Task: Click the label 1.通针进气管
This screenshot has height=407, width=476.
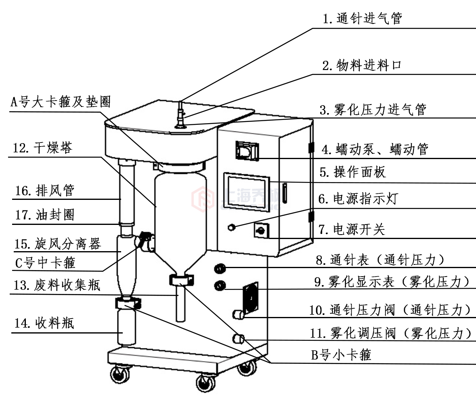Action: pyautogui.click(x=362, y=19)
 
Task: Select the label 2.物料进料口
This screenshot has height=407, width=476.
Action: pyautogui.click(x=362, y=66)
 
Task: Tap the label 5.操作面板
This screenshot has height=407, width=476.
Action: pyautogui.click(x=353, y=172)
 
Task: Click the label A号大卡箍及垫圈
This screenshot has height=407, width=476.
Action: pyautogui.click(x=60, y=101)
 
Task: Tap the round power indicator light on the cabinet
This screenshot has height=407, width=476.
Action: pyautogui.click(x=231, y=228)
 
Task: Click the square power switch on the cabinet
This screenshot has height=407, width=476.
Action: pyautogui.click(x=259, y=231)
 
